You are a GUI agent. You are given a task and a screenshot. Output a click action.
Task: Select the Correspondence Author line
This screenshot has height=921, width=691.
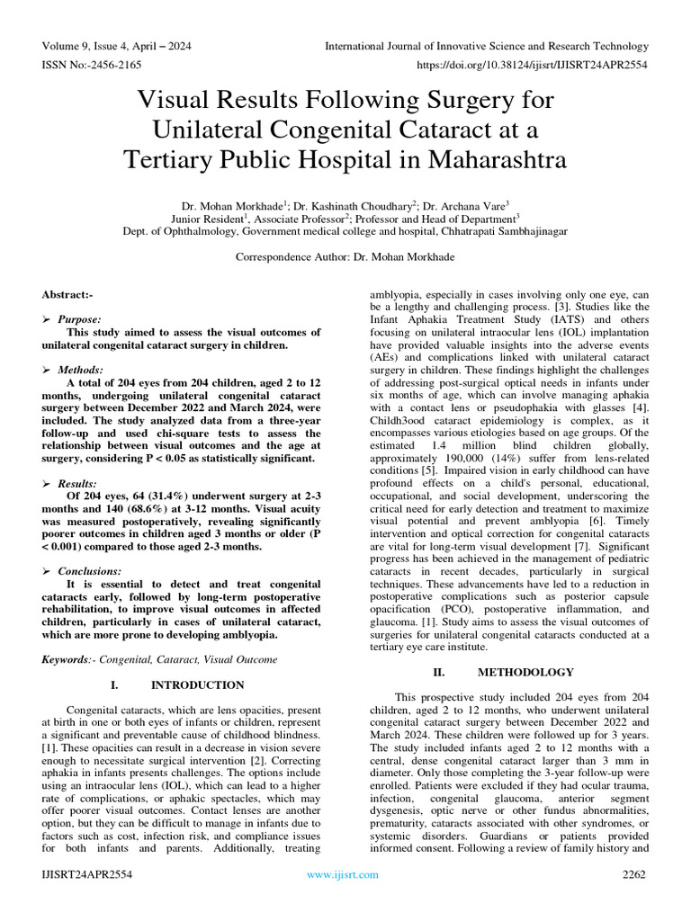coord(345,256)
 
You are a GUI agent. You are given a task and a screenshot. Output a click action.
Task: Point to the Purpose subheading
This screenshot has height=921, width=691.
coord(79,319)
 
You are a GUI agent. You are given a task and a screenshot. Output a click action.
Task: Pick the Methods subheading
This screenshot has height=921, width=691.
coord(80,370)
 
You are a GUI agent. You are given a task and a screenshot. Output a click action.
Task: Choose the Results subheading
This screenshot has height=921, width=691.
coord(78,483)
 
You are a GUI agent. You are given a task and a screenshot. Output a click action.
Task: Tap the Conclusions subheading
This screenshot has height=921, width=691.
coord(89,571)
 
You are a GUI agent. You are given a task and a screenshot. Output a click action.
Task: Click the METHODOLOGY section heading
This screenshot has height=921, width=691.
coord(525,672)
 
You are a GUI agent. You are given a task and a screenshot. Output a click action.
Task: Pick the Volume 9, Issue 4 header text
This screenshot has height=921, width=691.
coord(115,46)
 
